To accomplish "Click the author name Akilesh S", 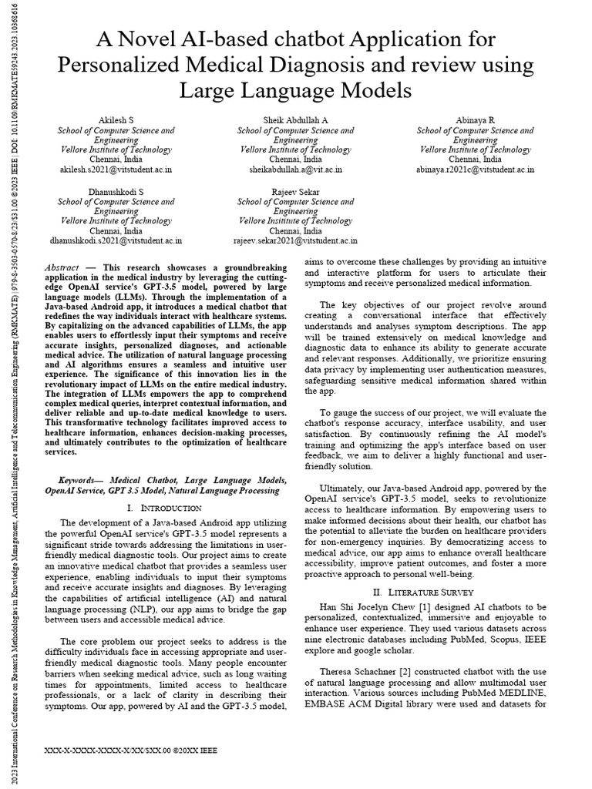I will [x=116, y=120].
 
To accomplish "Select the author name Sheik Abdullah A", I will [x=296, y=120].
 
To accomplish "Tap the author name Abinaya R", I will [x=475, y=120].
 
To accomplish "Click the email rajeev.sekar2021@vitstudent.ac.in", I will [x=296, y=240].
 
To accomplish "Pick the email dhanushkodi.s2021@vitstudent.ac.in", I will [x=116, y=240].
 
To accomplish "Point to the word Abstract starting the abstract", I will [x=65, y=266].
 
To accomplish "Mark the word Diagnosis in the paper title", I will [x=333, y=65].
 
